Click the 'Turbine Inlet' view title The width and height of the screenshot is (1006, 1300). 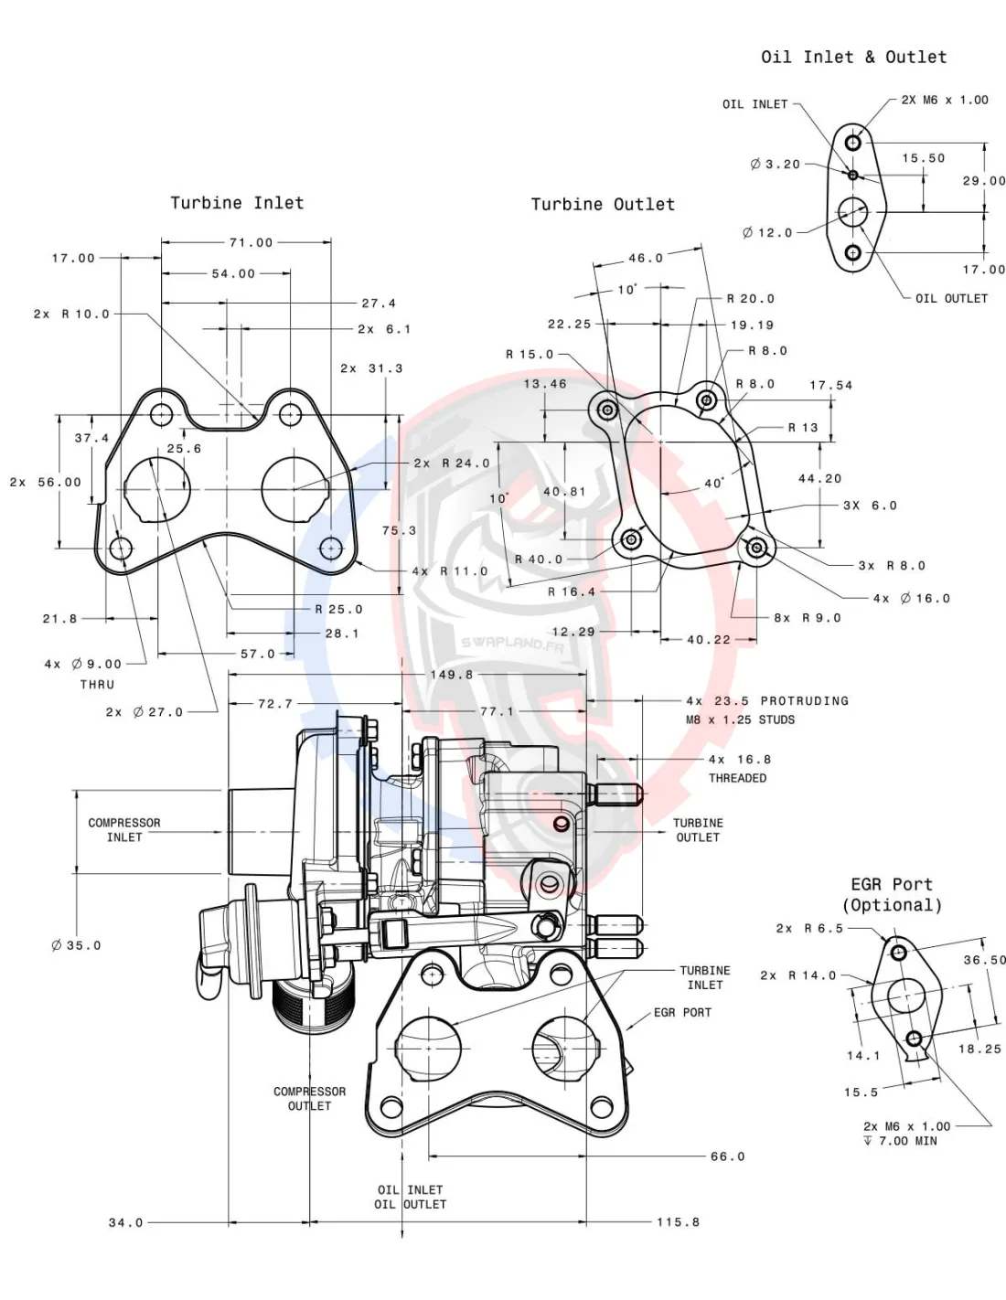click(x=237, y=203)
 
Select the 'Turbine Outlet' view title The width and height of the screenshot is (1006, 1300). click(x=603, y=205)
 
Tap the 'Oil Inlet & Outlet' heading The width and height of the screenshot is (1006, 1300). click(x=853, y=57)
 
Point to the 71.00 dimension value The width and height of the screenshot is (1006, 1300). click(x=251, y=243)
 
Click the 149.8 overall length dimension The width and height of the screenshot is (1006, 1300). click(x=452, y=675)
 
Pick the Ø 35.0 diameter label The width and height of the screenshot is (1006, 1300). click(x=77, y=945)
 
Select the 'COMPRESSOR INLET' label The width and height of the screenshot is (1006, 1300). click(x=124, y=830)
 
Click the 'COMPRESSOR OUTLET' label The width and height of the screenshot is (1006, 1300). click(x=310, y=1099)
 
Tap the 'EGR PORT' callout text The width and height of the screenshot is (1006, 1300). click(x=682, y=1013)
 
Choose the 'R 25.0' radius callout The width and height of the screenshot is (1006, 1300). click(x=338, y=610)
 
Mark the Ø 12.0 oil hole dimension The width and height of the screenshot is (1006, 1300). click(x=767, y=233)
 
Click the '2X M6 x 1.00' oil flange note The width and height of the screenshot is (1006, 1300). click(x=945, y=101)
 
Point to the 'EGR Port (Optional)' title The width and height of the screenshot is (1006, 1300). click(x=892, y=895)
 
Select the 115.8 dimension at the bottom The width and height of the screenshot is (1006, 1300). click(x=678, y=1222)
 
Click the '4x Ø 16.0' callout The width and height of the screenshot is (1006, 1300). click(x=911, y=599)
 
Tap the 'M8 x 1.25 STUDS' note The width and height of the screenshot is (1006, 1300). click(x=740, y=720)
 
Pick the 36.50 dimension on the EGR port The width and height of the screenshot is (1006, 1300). click(x=984, y=960)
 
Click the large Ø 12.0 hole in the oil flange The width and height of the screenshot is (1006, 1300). click(x=853, y=211)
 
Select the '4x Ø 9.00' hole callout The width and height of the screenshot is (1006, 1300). click(x=83, y=665)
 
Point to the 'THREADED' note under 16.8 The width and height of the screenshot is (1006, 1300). click(x=737, y=779)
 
